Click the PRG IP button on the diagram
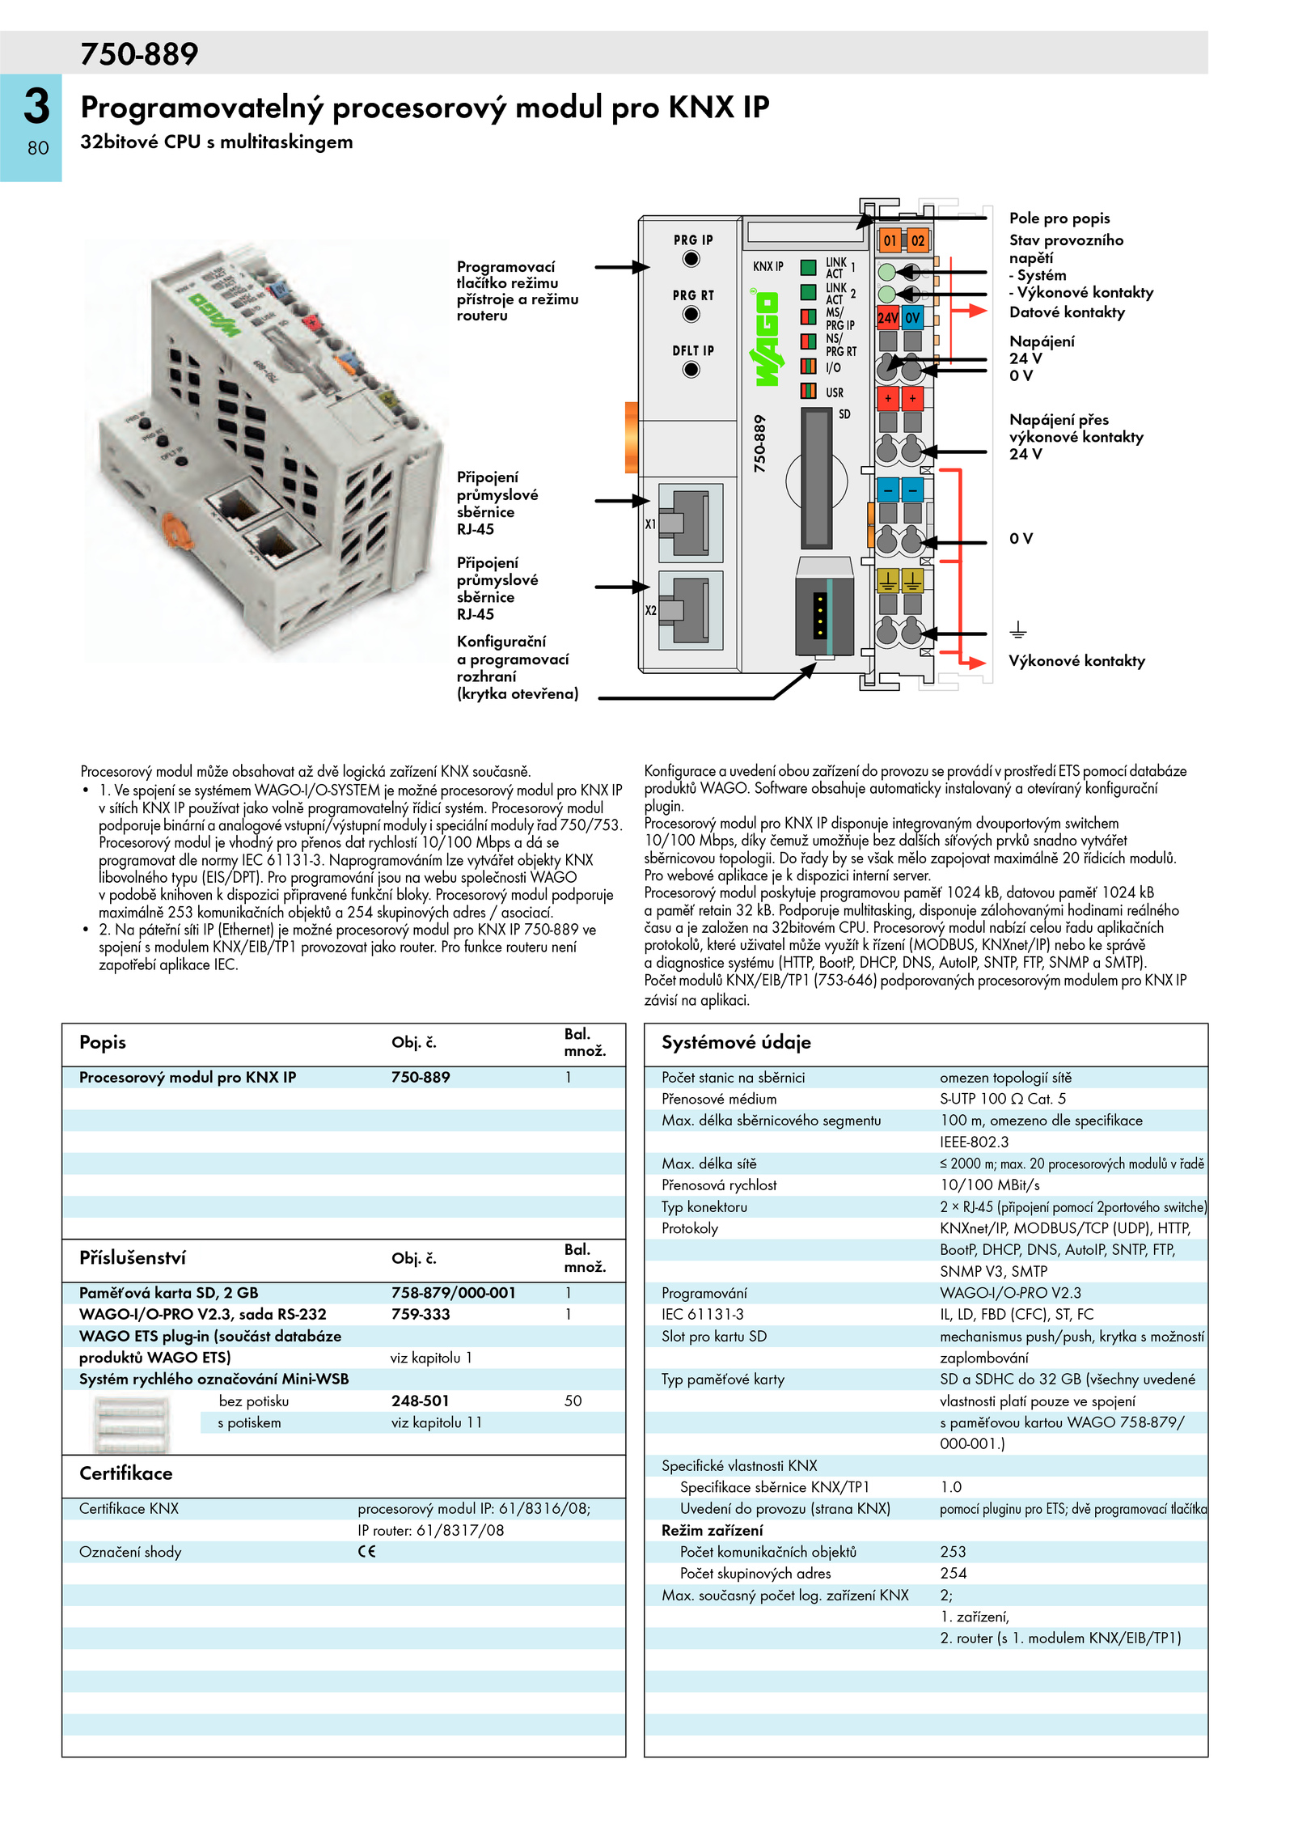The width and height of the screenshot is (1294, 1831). pos(691,259)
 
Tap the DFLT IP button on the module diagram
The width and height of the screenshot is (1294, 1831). pos(691,370)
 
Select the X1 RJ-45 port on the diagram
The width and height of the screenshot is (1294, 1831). pos(690,523)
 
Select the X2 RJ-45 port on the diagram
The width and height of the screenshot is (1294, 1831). pos(690,610)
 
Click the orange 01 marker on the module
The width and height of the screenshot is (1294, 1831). pos(890,240)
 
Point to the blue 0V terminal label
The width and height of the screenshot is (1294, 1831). pos(912,318)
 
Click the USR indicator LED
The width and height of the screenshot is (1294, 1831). pos(808,392)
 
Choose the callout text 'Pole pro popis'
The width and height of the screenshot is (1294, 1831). pos(1059,218)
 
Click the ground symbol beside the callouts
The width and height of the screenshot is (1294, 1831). pos(1018,629)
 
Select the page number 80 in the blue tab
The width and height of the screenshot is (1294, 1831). pos(38,148)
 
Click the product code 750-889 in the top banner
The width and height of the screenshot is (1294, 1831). pos(139,54)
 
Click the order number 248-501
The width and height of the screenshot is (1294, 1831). pos(421,1401)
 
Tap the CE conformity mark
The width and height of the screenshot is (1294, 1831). pos(367,1551)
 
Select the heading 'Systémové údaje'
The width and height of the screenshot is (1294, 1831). pos(736,1042)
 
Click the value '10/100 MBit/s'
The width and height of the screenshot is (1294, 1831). pos(990,1185)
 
